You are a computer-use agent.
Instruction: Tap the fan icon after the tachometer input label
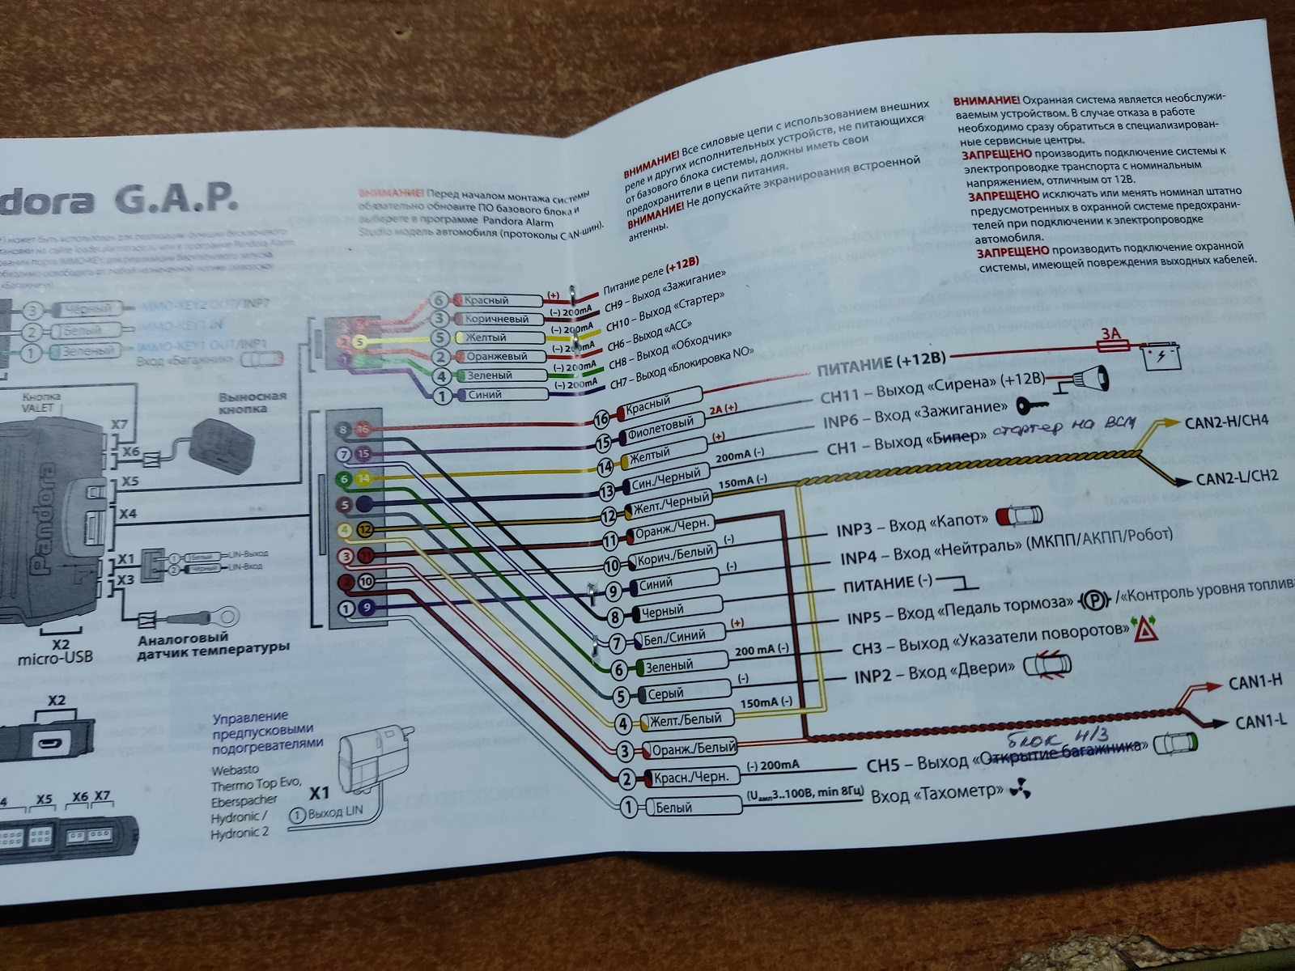(1021, 791)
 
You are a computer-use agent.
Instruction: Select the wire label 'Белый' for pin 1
(673, 808)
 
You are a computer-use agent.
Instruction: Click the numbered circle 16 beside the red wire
(601, 419)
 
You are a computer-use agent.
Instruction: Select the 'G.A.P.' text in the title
(176, 197)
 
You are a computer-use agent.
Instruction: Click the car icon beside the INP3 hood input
(1019, 516)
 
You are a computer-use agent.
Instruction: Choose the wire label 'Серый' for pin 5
(665, 693)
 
